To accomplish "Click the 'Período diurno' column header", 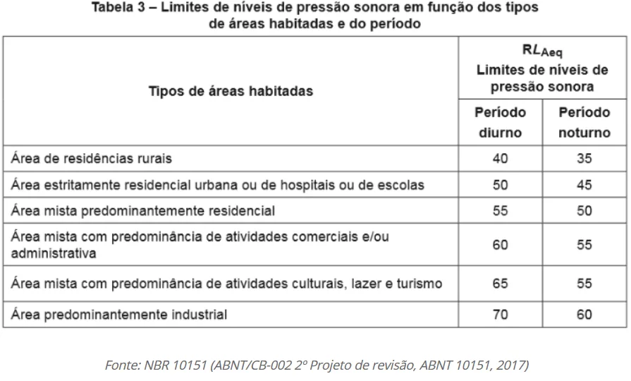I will pos(500,122).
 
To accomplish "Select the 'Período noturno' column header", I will pos(584,122).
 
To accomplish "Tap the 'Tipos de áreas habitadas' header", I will pos(231,91).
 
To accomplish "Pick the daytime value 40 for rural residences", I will pos(500,158).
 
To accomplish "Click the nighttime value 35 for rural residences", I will pos(584,158).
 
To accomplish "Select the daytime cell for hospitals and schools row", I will pos(500,185).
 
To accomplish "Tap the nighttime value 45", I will pos(584,185).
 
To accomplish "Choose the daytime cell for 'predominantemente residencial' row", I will pos(500,211).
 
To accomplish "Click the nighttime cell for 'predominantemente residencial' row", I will pos(584,211).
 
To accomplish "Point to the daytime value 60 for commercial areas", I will pos(500,245).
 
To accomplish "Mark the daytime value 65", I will pos(500,284).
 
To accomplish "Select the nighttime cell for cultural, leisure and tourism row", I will pos(584,284).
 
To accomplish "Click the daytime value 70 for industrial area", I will pos(500,315).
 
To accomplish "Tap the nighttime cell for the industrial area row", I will pos(584,315).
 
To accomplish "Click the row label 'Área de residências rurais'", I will pos(92,158).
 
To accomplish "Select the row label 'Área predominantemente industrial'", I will pos(118,315).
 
